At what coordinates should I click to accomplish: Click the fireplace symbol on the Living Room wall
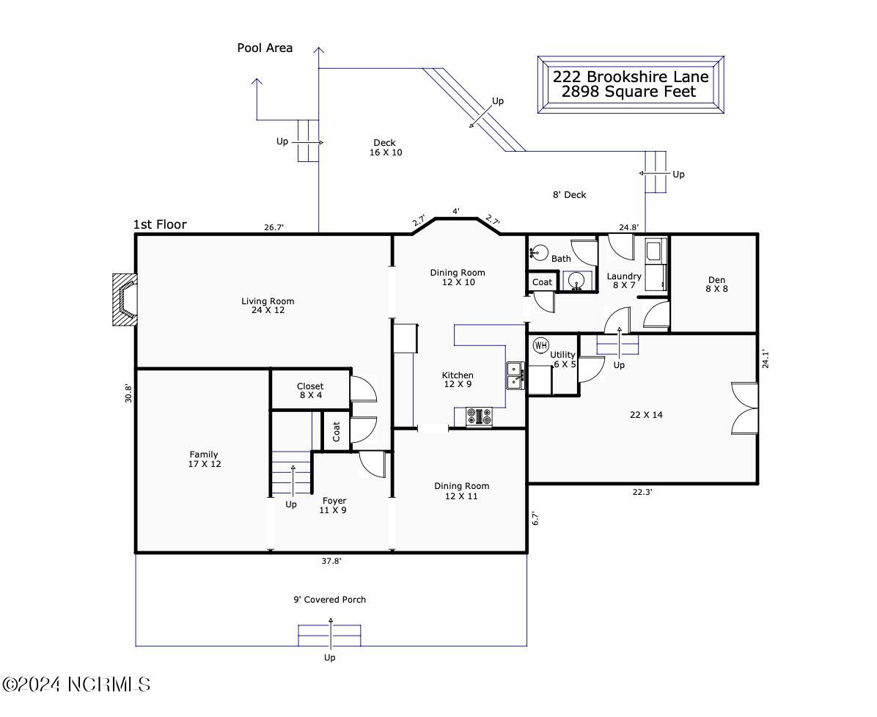coord(124,300)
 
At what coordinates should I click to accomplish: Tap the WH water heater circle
coord(541,345)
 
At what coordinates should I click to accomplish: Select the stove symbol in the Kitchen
coord(480,416)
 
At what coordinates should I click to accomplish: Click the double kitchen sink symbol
coord(515,375)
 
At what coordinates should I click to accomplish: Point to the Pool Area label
coord(265,48)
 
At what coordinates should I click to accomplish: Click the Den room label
coord(716,284)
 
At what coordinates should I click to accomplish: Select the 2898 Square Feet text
coord(629,92)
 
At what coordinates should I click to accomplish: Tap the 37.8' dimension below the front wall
coord(331,561)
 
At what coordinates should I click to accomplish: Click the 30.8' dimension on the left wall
coord(128,393)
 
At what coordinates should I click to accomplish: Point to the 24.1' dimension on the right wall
coord(766,359)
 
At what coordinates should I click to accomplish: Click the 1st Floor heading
coord(160,224)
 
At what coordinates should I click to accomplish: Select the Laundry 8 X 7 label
coord(624,280)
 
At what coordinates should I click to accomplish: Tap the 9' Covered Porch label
coord(330,600)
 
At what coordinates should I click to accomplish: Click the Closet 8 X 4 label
coord(310,390)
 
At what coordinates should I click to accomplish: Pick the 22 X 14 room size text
coord(646,415)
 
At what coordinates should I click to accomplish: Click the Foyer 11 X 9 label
coord(334,506)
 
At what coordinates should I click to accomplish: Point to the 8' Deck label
coord(569,194)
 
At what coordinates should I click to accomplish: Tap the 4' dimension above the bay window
coord(456,211)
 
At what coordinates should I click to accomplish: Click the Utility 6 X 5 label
coord(563,359)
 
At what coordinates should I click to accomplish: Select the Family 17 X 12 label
coord(204,459)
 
